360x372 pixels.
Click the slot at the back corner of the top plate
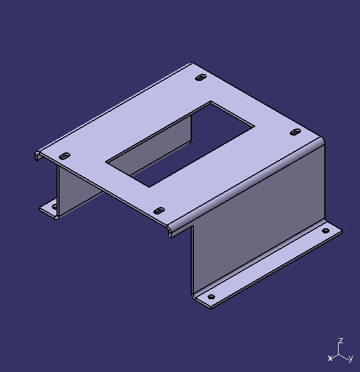[201, 78]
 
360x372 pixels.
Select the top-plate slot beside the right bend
[296, 132]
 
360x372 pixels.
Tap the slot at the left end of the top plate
[63, 156]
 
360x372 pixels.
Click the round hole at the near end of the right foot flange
[211, 297]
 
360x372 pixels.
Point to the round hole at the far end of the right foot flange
[326, 231]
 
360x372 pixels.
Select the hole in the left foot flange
[54, 206]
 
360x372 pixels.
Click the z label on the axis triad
[340, 341]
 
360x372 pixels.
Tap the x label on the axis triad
[330, 358]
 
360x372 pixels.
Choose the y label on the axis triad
[351, 358]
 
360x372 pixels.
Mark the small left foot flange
[49, 209]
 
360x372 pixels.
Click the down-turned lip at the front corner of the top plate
[169, 231]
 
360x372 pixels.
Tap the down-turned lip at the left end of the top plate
[38, 155]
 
